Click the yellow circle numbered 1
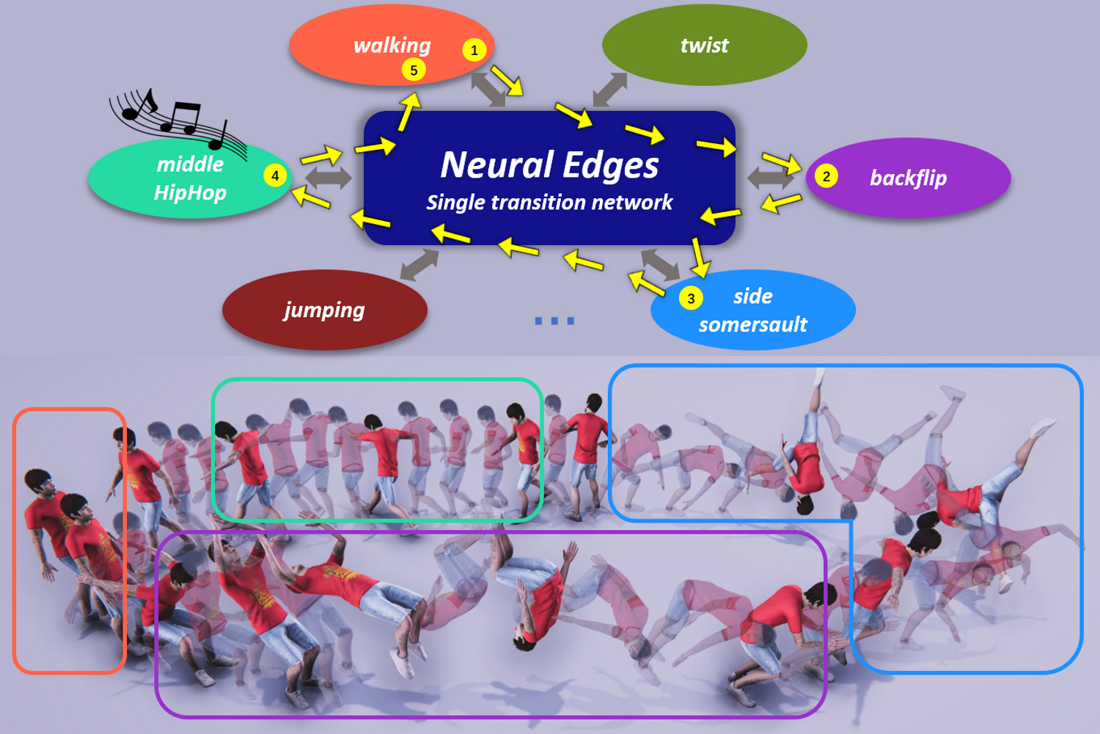coord(474,50)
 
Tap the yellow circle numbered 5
coord(414,70)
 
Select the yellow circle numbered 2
coord(826,176)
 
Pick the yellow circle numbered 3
coord(691,298)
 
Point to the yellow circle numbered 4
coord(275,175)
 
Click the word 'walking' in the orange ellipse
coord(392,46)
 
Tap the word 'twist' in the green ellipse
coord(704,46)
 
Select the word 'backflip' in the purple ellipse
coord(908,178)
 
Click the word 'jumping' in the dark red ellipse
coord(324,310)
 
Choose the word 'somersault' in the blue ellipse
coord(753,324)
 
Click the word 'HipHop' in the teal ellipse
coord(190,193)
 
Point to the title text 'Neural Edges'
coord(549,164)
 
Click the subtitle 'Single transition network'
coord(549,203)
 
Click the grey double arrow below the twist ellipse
coord(610,90)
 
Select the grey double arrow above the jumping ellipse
coord(419,264)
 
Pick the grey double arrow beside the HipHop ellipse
coord(328,178)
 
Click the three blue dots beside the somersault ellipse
coord(554,321)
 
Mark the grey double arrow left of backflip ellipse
coord(770,178)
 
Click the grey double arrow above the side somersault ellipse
coord(661,264)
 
